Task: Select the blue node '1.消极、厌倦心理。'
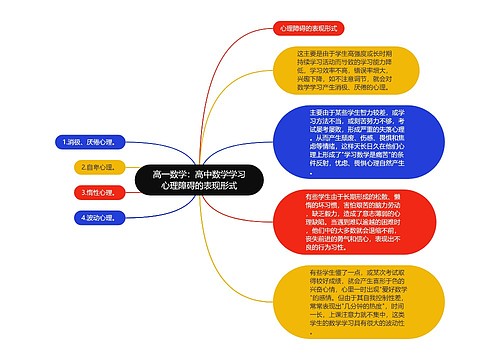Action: coord(88,143)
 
